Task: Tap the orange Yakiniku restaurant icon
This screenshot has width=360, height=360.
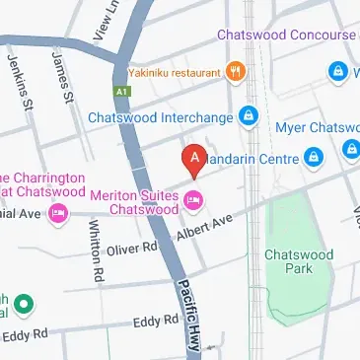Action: [x=235, y=71]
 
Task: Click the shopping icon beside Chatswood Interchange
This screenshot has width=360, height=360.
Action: [x=250, y=118]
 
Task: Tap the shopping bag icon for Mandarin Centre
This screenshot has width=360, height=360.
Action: [x=314, y=156]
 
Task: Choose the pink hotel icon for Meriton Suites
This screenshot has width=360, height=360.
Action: [x=194, y=201]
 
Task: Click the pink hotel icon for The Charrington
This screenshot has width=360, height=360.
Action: [x=58, y=213]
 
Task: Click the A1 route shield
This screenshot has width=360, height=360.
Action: [x=122, y=91]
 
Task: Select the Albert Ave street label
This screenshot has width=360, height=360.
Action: [x=204, y=228]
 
